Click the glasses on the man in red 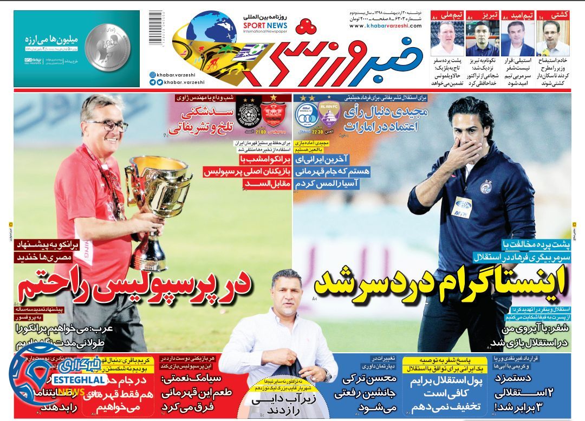point(108,126)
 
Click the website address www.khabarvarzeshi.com point(386,25)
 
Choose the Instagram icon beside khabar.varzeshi point(152,73)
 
